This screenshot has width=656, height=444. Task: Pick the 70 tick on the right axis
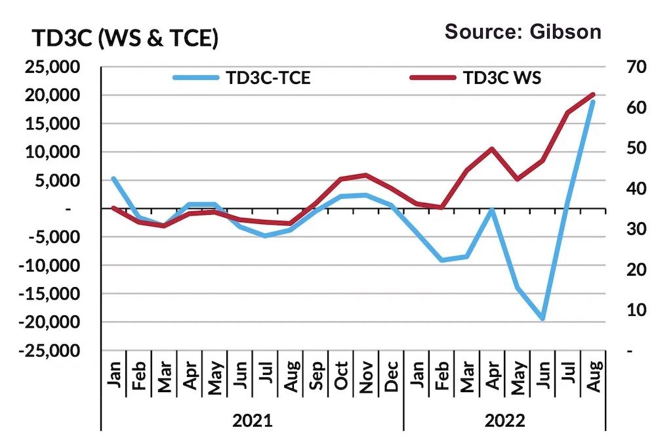[x=620, y=68]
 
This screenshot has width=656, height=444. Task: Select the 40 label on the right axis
[x=620, y=189]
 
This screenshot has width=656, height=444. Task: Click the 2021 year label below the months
[x=252, y=420]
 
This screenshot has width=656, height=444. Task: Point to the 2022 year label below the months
[x=505, y=420]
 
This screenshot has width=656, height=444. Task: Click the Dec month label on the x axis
[x=392, y=375]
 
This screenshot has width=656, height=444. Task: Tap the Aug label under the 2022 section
[x=594, y=375]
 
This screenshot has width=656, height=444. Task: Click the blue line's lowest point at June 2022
[x=543, y=319]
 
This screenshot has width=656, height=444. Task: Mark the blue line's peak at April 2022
[x=491, y=210]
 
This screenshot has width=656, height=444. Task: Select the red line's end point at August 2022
[x=593, y=95]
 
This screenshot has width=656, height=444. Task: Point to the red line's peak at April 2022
[x=491, y=148]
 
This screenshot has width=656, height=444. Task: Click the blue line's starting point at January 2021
[x=113, y=178]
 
